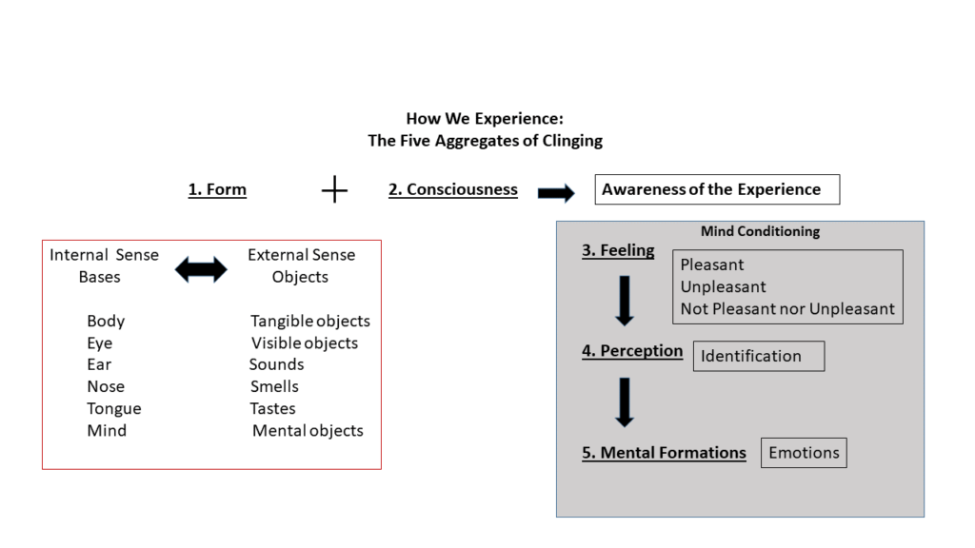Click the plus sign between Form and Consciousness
(x=334, y=190)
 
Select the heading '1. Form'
(x=217, y=189)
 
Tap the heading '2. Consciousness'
(x=453, y=189)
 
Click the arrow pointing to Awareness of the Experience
(x=556, y=193)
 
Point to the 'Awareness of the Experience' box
(x=717, y=189)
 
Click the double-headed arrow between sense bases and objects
(x=202, y=270)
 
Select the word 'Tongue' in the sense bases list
(x=113, y=408)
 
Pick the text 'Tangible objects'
(x=310, y=321)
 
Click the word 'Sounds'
(x=277, y=364)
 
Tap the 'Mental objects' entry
(x=308, y=430)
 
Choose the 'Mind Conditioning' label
(x=760, y=231)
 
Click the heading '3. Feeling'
(x=618, y=251)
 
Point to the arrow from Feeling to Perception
(x=625, y=301)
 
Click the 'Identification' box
(x=758, y=356)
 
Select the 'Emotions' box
(x=804, y=453)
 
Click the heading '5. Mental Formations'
(x=664, y=453)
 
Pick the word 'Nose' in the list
(x=106, y=386)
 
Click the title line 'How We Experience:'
(x=485, y=119)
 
